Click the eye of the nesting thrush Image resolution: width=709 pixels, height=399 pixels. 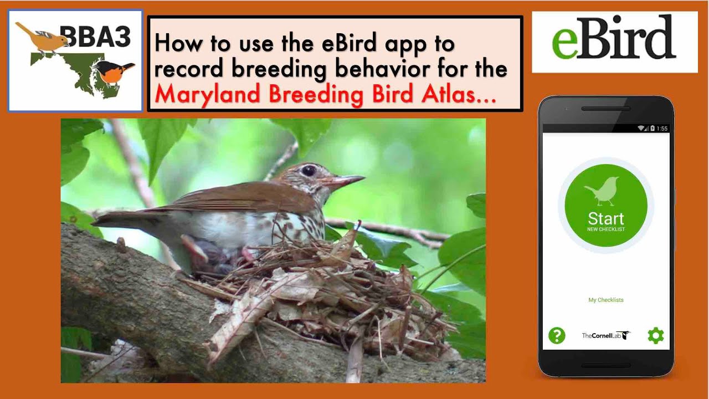click(309, 171)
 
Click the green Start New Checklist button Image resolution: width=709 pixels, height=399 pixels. click(605, 206)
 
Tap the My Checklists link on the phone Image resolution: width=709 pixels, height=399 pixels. click(605, 300)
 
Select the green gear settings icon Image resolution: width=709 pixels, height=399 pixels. click(655, 335)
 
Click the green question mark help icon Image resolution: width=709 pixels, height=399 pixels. click(557, 335)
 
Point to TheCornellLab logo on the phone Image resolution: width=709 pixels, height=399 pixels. click(605, 335)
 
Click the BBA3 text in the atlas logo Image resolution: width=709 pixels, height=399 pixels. click(100, 37)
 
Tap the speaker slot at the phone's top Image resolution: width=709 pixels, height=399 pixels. click(605, 109)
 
